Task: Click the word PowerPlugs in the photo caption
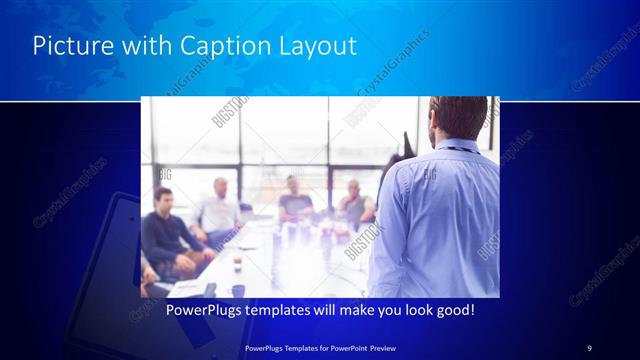201,311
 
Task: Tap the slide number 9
589,347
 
